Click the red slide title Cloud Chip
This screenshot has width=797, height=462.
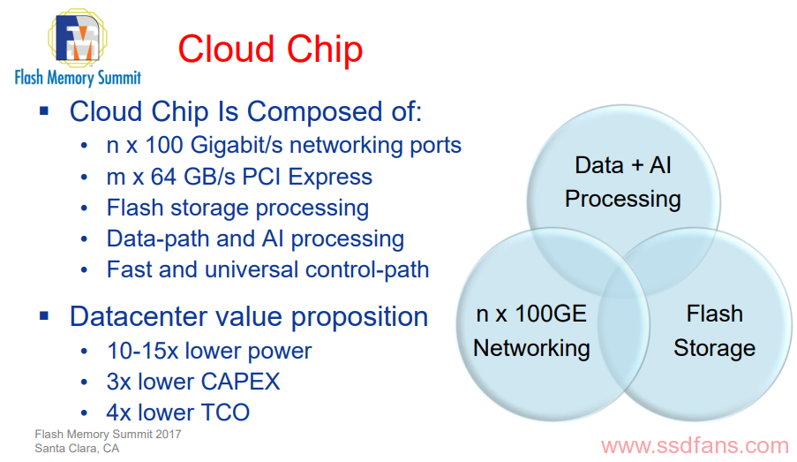pos(270,49)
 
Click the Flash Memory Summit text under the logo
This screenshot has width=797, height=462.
pos(78,78)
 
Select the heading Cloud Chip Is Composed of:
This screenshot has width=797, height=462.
pos(246,111)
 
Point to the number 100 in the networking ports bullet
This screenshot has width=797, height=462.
pos(163,145)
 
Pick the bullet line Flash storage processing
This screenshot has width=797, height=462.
pos(237,208)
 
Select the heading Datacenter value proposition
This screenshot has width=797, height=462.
pos(249,316)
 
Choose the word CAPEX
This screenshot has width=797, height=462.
pos(240,382)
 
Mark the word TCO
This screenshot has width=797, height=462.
pos(225,413)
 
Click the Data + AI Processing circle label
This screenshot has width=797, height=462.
pos(623,182)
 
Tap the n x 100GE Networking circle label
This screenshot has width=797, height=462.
pos(531,331)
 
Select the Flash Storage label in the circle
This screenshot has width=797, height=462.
pos(715,330)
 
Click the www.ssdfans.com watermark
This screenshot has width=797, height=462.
pos(695,446)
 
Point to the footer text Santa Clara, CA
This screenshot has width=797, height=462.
pos(77,449)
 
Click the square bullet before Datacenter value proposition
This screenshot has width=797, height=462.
pos(44,316)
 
